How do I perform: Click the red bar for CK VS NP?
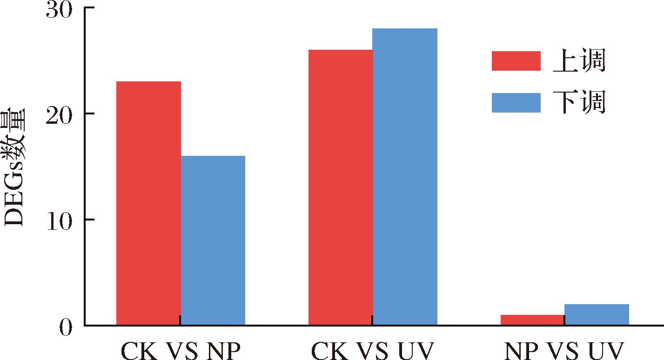(148, 203)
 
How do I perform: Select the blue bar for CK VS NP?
(213, 240)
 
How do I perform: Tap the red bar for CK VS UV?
(340, 187)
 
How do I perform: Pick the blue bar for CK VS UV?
(405, 176)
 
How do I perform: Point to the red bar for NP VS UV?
(532, 320)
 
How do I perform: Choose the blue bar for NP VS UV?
(597, 314)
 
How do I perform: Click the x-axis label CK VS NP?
(181, 351)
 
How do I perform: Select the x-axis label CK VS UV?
(373, 351)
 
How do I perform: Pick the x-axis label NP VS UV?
(564, 351)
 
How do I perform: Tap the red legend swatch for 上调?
(516, 61)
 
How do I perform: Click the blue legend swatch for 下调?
(516, 103)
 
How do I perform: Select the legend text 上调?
(579, 61)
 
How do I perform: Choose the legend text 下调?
(579, 103)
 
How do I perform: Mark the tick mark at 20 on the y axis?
(90, 113)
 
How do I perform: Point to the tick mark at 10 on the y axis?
(90, 220)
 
